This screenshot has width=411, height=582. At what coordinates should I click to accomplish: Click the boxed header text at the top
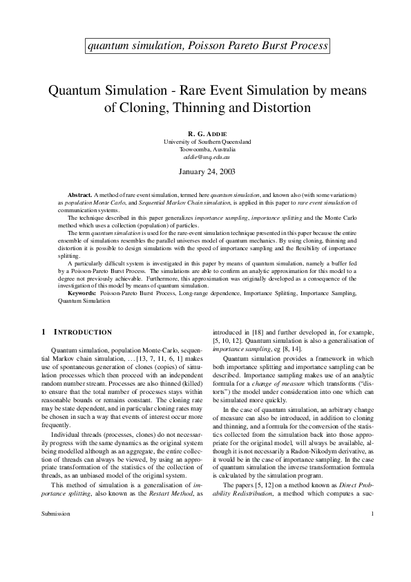(x=205, y=46)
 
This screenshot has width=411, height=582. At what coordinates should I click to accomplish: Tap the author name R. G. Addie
(x=207, y=133)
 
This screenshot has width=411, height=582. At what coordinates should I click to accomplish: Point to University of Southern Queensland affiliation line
(x=207, y=141)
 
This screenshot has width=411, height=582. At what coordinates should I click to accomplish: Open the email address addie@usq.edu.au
(x=207, y=157)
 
